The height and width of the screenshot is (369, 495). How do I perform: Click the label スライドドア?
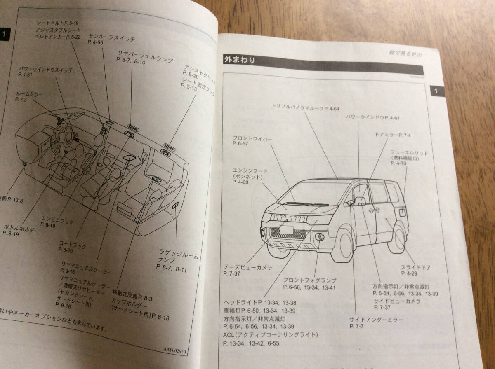tap(416, 268)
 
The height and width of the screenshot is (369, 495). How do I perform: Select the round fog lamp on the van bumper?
tap(320, 238)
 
